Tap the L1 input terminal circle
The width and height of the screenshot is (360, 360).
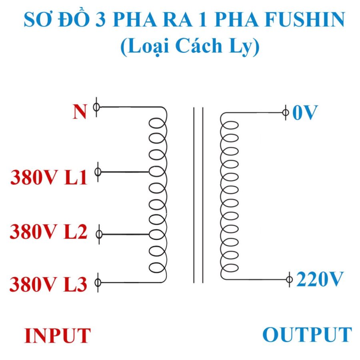click(98, 172)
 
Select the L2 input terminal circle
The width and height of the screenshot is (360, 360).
click(99, 234)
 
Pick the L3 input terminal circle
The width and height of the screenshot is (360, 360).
click(98, 282)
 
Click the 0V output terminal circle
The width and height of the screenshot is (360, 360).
click(285, 112)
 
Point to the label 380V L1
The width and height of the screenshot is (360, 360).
click(49, 178)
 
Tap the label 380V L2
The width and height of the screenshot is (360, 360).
click(49, 232)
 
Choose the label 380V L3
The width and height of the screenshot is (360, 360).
click(49, 284)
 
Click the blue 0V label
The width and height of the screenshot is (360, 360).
click(305, 113)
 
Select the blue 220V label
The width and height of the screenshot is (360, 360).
click(320, 279)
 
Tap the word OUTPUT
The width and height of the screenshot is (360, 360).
click(307, 334)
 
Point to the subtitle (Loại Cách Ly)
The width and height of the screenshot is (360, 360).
click(190, 47)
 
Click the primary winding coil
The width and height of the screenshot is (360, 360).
click(158, 196)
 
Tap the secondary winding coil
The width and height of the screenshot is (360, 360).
click(230, 196)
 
